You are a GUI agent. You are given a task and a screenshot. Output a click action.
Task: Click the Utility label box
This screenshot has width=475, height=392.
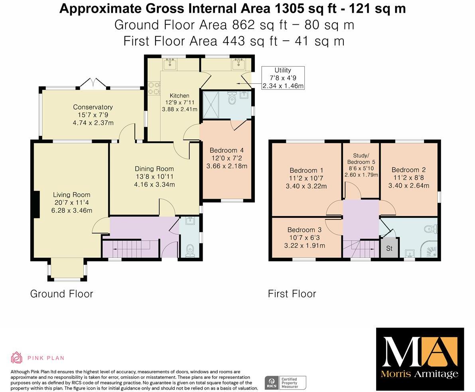point(283,78)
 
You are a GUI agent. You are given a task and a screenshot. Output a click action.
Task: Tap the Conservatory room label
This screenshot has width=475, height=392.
point(93,107)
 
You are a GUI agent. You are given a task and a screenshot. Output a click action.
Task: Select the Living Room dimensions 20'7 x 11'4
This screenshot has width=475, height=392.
point(72,202)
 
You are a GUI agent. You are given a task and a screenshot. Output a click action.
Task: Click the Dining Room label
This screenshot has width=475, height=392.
point(154,169)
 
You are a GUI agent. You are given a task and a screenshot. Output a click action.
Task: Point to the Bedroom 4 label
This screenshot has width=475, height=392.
point(227,150)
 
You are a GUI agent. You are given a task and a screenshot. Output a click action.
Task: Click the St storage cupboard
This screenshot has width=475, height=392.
point(389,248)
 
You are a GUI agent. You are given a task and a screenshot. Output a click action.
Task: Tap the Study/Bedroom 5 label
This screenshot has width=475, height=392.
point(361,159)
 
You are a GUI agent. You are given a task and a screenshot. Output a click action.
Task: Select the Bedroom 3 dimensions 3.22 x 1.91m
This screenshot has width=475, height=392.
point(304,245)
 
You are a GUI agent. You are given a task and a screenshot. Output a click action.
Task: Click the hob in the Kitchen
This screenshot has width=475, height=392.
point(154,88)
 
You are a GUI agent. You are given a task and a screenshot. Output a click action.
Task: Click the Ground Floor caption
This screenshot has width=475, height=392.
point(61,294)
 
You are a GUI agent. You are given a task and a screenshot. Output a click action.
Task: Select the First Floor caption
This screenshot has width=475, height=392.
point(292,294)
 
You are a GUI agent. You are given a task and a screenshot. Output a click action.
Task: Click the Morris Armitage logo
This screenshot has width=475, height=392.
point(420,359)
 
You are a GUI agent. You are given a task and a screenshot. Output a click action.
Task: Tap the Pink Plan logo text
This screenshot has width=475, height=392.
point(45,358)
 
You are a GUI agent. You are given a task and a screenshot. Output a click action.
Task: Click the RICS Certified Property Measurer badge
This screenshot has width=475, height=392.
point(285,382)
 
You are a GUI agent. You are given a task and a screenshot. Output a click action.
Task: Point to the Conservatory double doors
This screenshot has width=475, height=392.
point(93,83)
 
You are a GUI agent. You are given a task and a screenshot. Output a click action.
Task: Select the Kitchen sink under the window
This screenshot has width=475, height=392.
point(171,63)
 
